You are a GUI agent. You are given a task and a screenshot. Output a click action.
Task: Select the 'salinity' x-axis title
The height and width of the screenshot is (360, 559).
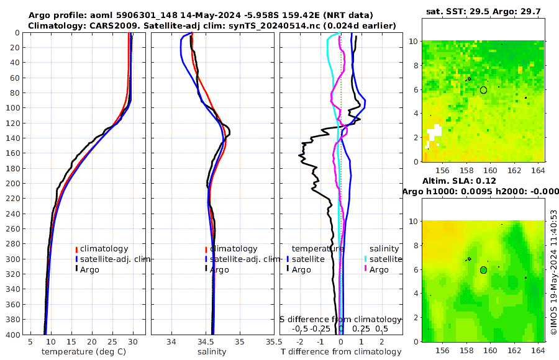click(212, 352)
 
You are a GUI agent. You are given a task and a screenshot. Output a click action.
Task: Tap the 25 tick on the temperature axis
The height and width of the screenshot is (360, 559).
click(112, 342)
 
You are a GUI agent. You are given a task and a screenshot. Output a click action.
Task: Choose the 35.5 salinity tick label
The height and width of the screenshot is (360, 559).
click(270, 342)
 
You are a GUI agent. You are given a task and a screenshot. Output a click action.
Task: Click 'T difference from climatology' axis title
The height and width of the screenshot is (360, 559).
click(341, 352)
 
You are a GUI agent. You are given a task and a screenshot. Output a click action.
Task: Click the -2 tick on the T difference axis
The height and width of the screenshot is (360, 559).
click(301, 342)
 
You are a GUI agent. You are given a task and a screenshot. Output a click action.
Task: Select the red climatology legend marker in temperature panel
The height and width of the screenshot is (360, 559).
click(76, 249)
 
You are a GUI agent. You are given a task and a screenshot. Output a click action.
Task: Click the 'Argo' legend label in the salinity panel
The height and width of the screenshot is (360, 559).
click(219, 269)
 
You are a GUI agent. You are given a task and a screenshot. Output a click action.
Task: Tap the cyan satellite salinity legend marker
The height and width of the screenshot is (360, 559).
click(366, 259)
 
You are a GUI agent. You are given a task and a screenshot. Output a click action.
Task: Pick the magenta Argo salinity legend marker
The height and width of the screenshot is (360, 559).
click(366, 269)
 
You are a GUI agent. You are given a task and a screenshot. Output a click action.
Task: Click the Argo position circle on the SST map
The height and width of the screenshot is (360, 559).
click(483, 90)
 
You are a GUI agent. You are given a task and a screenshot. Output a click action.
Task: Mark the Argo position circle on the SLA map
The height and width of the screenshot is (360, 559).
click(483, 270)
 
